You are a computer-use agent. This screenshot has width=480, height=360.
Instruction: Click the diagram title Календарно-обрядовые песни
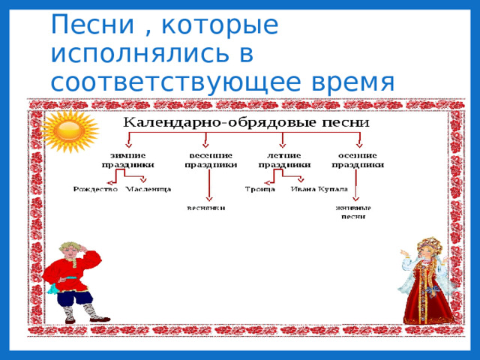(x=246, y=122)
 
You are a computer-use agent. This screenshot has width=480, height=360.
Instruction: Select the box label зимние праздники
(x=128, y=160)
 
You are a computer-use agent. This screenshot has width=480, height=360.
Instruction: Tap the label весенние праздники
(x=211, y=160)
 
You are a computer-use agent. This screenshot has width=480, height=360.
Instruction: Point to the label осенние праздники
(x=359, y=160)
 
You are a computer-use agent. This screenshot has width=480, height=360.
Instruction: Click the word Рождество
(x=96, y=189)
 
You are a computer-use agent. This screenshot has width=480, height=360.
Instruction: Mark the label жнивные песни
(x=353, y=211)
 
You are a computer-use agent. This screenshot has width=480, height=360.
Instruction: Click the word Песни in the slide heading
(x=87, y=25)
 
